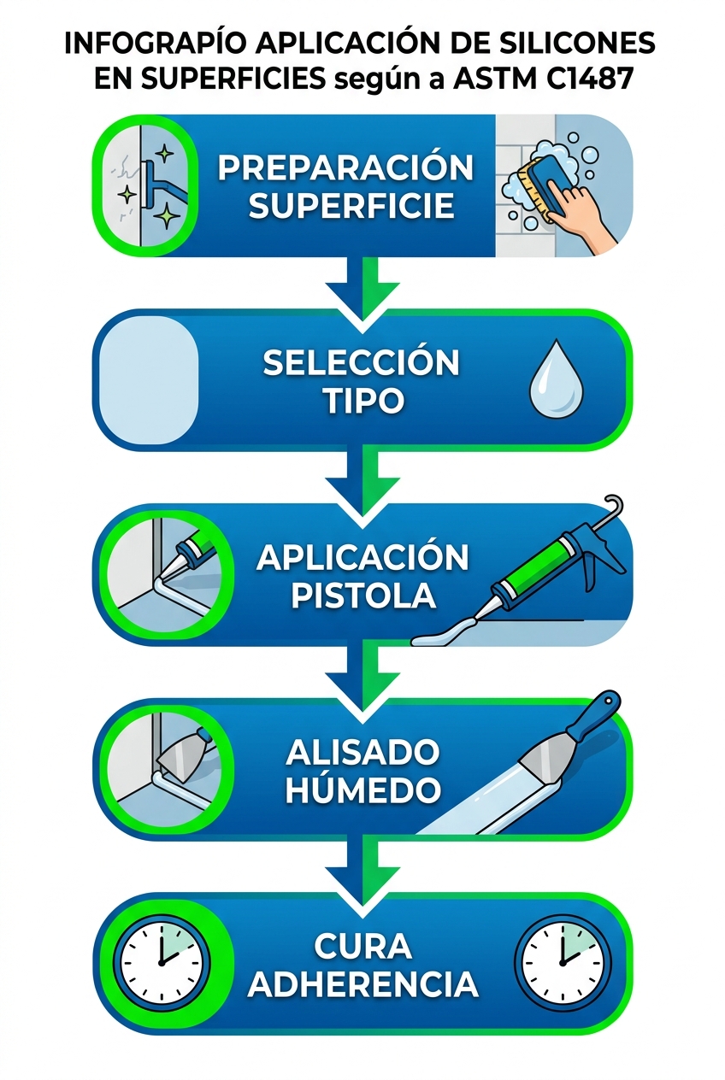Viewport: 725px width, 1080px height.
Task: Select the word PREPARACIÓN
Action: (345, 167)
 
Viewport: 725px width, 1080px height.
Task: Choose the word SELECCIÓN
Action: (361, 363)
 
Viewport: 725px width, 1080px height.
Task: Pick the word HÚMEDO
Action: (362, 789)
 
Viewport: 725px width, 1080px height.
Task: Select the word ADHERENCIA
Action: (362, 983)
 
